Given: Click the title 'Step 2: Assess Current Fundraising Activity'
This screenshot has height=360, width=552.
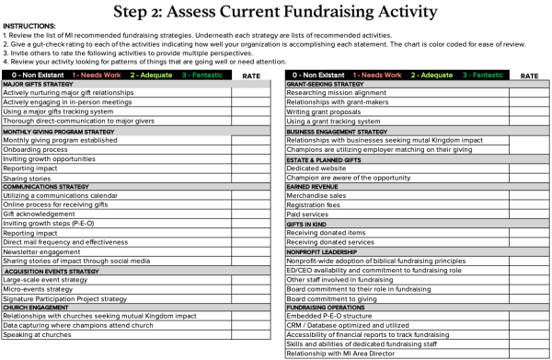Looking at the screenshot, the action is click(x=275, y=12).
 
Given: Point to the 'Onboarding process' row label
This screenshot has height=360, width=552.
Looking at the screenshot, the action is click(x=37, y=149).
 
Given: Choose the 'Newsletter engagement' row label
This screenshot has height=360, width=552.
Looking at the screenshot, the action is click(x=43, y=251).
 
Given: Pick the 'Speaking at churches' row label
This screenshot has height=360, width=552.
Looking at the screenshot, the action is click(x=37, y=335).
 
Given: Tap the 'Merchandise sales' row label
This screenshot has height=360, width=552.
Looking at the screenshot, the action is click(x=316, y=195).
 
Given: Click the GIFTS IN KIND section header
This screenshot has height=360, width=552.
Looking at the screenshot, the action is click(x=309, y=224).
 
